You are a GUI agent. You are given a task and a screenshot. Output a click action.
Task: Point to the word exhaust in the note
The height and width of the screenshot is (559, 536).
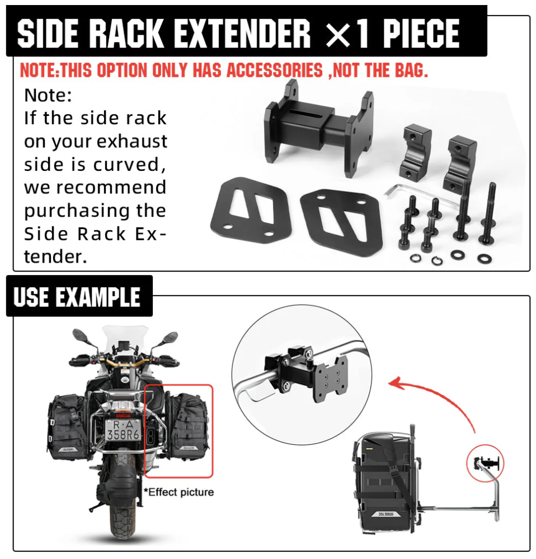click(x=132, y=142)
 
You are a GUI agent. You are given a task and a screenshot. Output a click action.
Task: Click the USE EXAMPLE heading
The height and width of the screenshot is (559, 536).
click(x=77, y=297)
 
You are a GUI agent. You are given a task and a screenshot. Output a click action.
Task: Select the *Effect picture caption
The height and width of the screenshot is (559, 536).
click(x=178, y=492)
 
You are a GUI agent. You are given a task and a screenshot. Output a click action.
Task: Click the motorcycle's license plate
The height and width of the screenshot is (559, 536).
click(x=123, y=429)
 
